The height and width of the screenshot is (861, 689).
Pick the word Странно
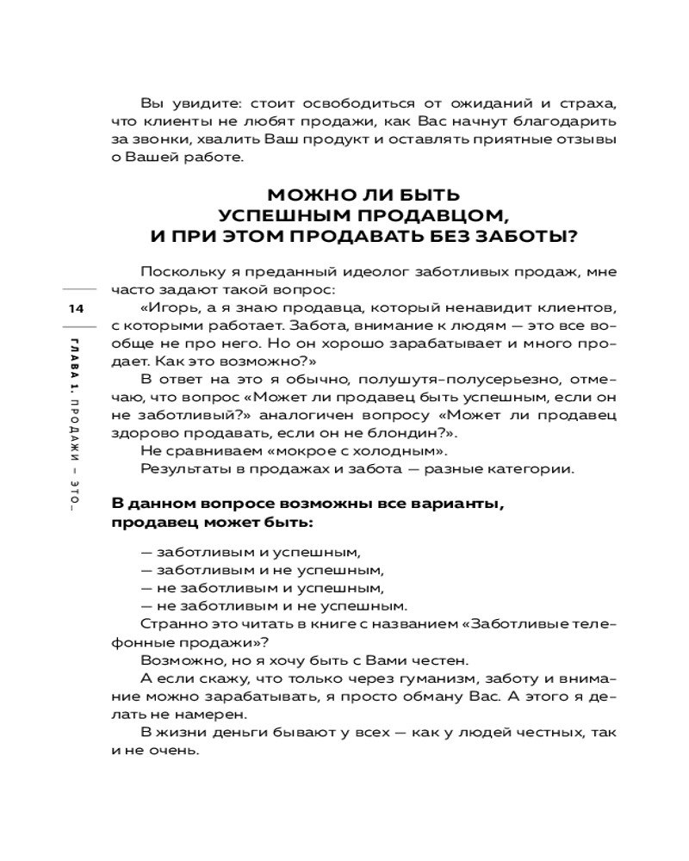pyautogui.click(x=171, y=623)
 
